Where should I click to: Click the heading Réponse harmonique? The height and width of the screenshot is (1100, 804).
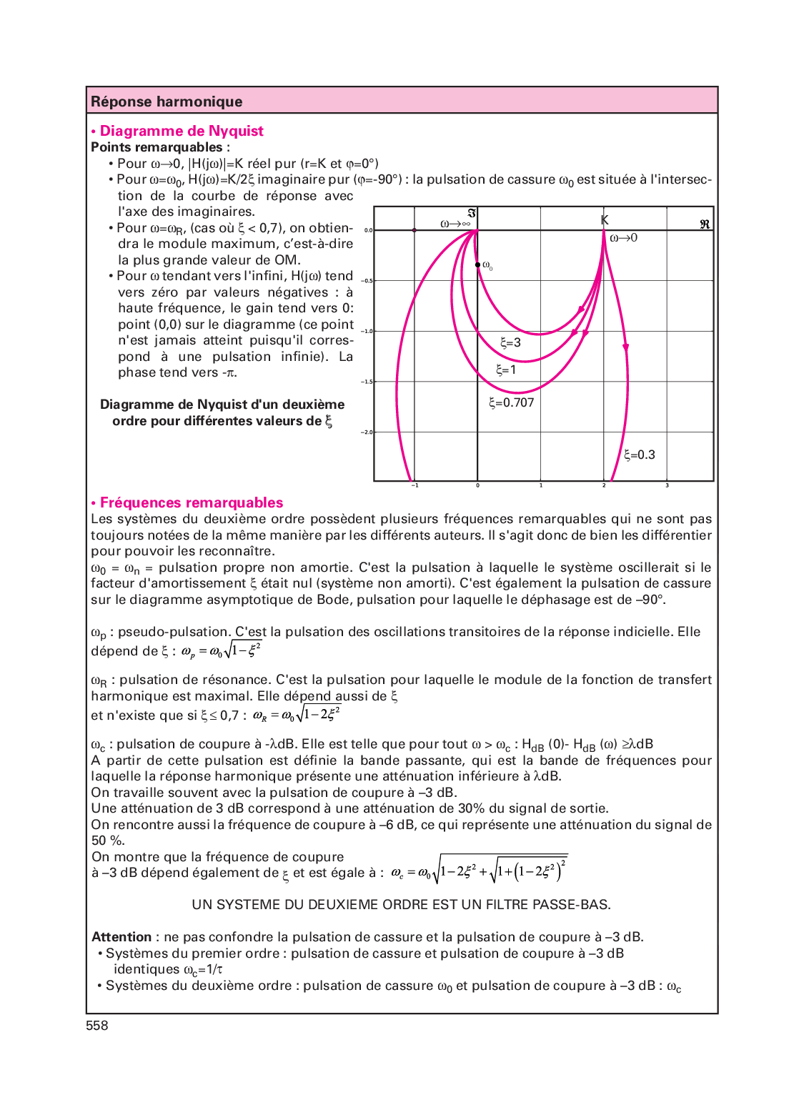[167, 101]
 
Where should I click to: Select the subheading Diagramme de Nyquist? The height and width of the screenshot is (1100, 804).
[182, 131]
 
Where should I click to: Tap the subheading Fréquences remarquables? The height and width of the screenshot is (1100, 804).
[192, 502]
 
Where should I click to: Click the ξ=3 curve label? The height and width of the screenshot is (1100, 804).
[510, 342]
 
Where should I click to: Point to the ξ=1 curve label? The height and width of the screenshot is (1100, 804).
[506, 370]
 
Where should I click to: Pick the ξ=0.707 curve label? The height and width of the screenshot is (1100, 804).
[511, 402]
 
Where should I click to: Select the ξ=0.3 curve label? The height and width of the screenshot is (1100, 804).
[639, 455]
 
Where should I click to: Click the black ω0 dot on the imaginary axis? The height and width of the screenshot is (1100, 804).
[478, 265]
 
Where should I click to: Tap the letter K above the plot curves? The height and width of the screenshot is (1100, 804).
[605, 220]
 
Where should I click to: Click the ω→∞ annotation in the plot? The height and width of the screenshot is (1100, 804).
[455, 224]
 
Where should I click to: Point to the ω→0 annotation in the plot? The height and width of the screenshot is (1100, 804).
[623, 238]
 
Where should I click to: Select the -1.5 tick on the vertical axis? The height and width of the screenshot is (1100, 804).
[367, 382]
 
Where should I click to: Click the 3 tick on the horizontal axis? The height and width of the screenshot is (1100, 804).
[667, 486]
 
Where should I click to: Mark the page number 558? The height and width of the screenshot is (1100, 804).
[97, 1026]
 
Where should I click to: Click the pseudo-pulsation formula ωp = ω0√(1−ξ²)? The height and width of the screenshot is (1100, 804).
[221, 650]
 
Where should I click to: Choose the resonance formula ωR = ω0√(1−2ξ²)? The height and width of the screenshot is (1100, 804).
[297, 715]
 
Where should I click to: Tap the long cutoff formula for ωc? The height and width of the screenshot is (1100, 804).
[479, 871]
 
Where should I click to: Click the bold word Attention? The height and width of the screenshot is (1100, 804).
[121, 937]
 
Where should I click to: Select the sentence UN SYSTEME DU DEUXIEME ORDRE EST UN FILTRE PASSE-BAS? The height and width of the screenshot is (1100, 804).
[401, 905]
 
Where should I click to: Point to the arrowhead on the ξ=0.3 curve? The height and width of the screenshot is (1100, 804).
[626, 347]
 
